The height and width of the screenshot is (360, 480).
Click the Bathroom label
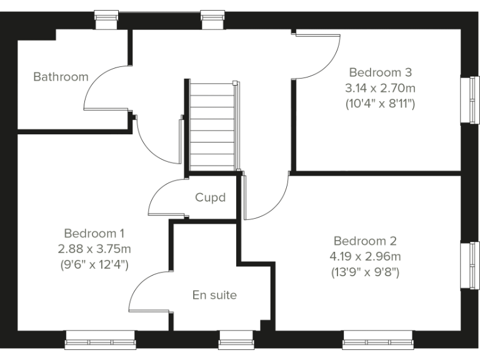61,77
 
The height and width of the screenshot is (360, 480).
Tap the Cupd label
210,197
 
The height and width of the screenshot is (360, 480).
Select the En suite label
214,295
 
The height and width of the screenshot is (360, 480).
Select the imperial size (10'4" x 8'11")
380,103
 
